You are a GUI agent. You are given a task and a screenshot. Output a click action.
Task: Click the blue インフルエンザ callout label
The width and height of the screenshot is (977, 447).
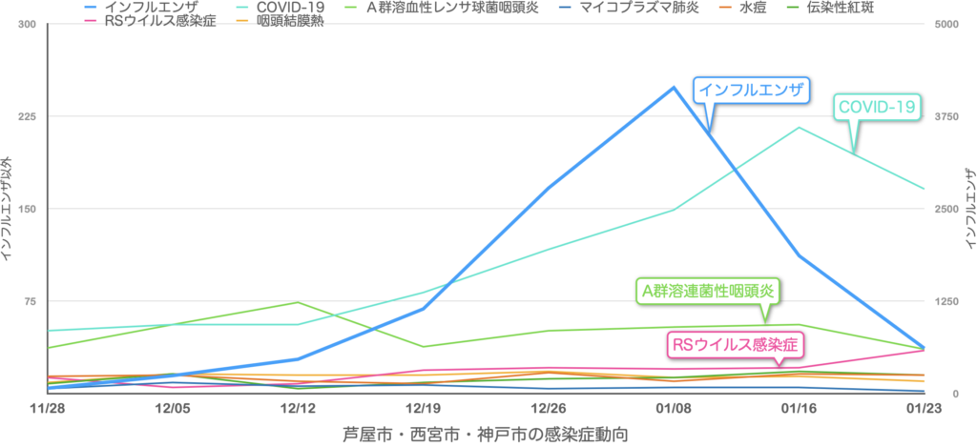coord(750,91)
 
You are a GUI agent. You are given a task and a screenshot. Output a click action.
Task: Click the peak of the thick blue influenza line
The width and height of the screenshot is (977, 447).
coord(674,87)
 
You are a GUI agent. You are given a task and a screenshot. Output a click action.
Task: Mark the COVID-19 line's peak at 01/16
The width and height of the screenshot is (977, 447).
coord(799,127)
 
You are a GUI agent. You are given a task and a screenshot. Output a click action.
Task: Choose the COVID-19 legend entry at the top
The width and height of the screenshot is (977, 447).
coord(281,8)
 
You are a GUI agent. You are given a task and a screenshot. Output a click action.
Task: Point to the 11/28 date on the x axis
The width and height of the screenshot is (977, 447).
coord(47,408)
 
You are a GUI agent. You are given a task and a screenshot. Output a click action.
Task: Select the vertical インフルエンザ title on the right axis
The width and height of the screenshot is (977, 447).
coord(968,206)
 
